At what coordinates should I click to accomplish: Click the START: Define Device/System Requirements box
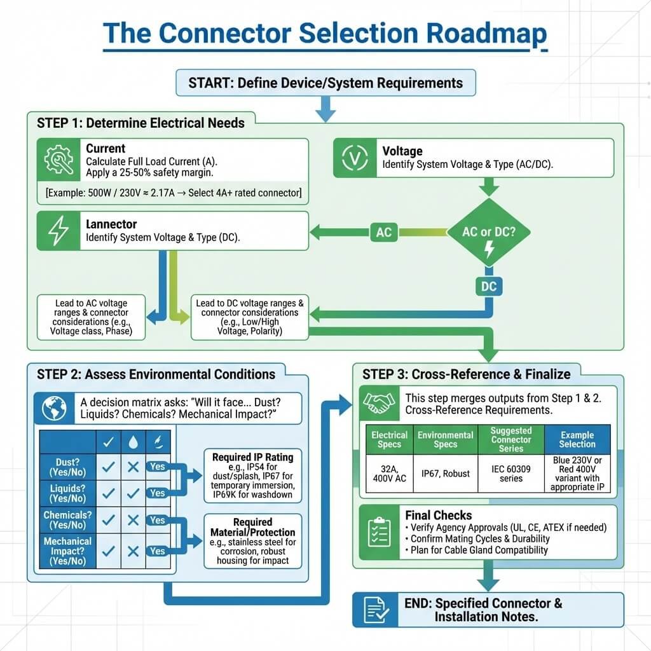pyautogui.click(x=325, y=83)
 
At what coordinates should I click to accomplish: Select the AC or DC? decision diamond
pyautogui.click(x=489, y=233)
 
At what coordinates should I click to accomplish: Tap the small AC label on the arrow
pyautogui.click(x=383, y=232)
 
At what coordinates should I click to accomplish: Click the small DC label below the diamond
pyautogui.click(x=489, y=287)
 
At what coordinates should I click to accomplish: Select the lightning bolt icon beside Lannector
pyautogui.click(x=58, y=231)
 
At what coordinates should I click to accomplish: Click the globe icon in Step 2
pyautogui.click(x=54, y=409)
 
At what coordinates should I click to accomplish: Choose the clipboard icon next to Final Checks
pyautogui.click(x=380, y=531)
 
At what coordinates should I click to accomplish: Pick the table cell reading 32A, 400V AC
pyautogui.click(x=388, y=474)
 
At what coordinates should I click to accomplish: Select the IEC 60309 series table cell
pyautogui.click(x=511, y=474)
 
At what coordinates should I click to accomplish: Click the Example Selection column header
pyautogui.click(x=577, y=439)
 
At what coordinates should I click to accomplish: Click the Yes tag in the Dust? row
pyautogui.click(x=158, y=466)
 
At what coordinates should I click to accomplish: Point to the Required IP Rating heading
pyautogui.click(x=252, y=457)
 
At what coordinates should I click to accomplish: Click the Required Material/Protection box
pyautogui.click(x=252, y=540)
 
